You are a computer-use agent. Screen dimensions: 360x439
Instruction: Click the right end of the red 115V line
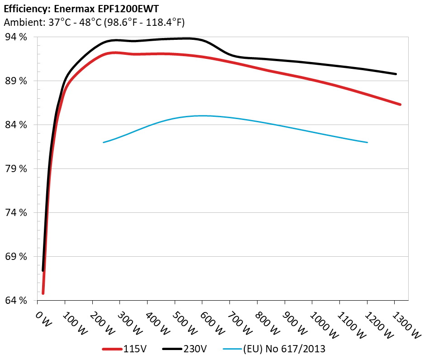click(x=400, y=104)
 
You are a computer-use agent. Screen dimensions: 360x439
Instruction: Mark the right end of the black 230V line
click(x=396, y=74)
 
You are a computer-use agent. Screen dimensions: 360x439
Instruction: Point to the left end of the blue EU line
click(x=104, y=142)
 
